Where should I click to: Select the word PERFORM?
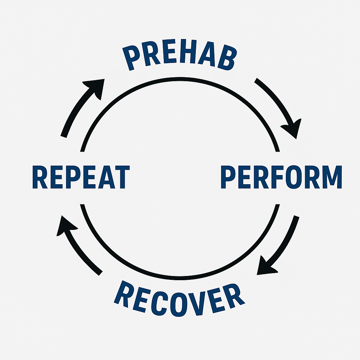281,178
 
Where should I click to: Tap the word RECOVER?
179,297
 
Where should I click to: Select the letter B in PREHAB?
226,61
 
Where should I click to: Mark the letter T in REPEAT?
122,178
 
